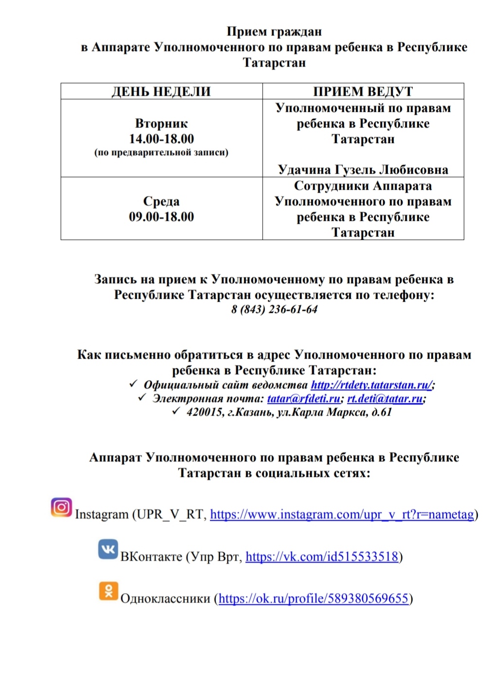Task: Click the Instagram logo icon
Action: pyautogui.click(x=61, y=507)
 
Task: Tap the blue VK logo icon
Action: pyautogui.click(x=108, y=549)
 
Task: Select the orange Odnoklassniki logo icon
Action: pyautogui.click(x=108, y=591)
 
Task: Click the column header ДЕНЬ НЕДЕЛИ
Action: pyautogui.click(x=161, y=91)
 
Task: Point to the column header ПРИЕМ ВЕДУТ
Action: pyautogui.click(x=363, y=91)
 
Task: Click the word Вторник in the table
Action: pyautogui.click(x=161, y=123)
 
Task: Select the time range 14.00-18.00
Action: pyautogui.click(x=161, y=139)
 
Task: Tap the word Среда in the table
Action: pyautogui.click(x=161, y=201)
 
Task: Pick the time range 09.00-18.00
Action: pyautogui.click(x=161, y=217)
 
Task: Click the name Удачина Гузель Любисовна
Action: pyautogui.click(x=363, y=169)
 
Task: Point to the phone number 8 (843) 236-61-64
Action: pyautogui.click(x=274, y=309)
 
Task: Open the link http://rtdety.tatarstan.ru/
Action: pyautogui.click(x=371, y=385)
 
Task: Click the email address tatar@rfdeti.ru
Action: pyautogui.click(x=304, y=399)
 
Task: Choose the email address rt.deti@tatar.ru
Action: pyautogui.click(x=385, y=399)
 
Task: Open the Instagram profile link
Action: pyautogui.click(x=342, y=514)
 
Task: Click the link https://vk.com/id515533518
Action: pyautogui.click(x=322, y=556)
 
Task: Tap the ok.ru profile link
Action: pyautogui.click(x=314, y=598)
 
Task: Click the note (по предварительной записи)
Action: pyautogui.click(x=161, y=153)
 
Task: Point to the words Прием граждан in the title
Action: pyautogui.click(x=274, y=32)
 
